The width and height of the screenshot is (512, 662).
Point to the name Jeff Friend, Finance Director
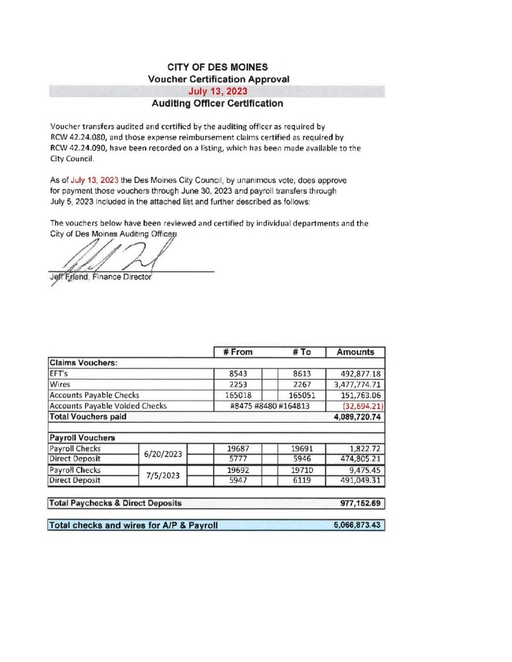[x=100, y=277]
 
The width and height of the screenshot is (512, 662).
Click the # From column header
[x=238, y=352]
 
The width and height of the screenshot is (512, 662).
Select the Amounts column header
[x=355, y=352]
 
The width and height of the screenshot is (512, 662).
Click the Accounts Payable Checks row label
[x=95, y=395]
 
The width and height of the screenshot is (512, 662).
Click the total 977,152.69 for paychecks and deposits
[x=357, y=503]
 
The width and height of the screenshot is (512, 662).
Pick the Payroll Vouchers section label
[x=77, y=438]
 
